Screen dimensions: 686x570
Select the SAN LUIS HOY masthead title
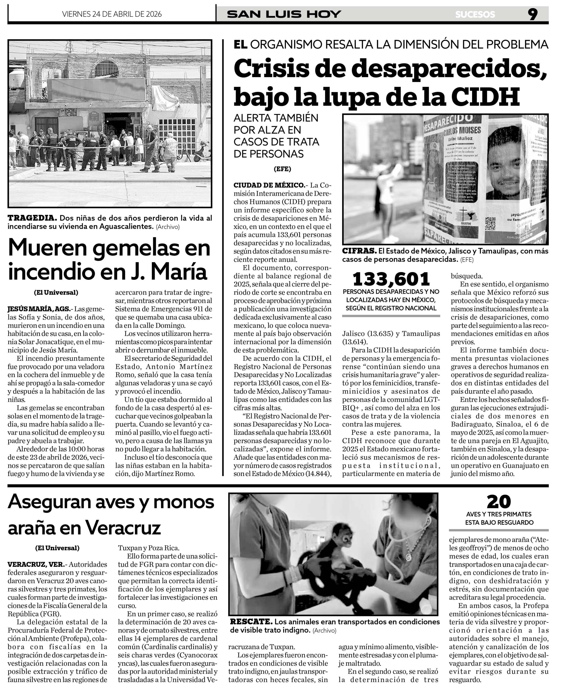tap(284, 14)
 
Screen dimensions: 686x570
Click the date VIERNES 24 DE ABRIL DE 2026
tap(112, 14)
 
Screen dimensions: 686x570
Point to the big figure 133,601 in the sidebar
tap(391, 279)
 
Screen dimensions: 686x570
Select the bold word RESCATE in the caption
tap(251, 621)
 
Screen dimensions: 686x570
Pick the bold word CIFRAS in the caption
tap(359, 251)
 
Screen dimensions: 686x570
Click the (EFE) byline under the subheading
tap(282, 169)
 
